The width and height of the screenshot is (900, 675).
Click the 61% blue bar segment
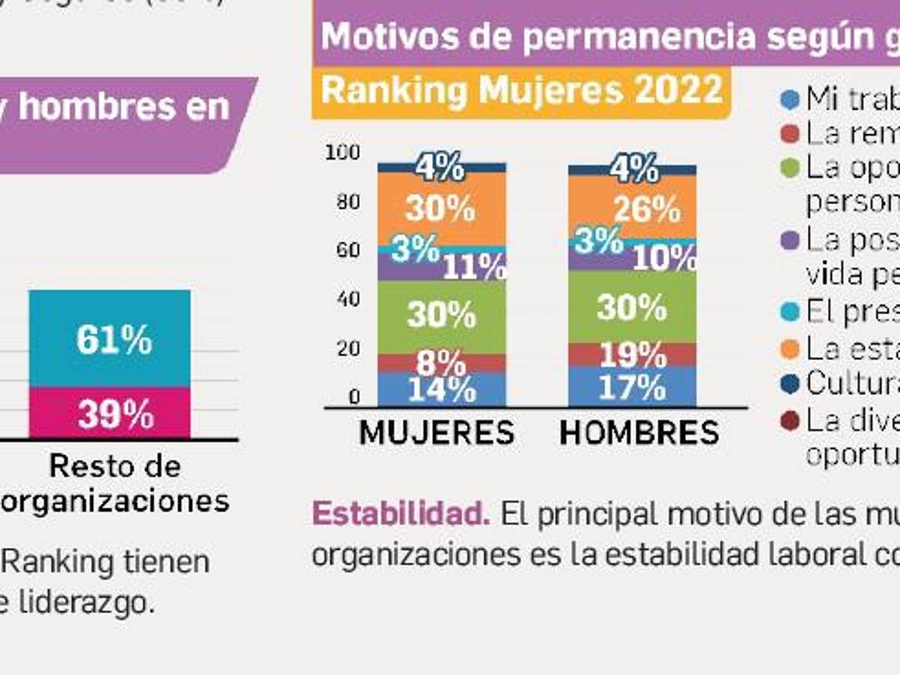point(109,339)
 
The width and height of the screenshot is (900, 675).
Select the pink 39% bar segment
point(109,413)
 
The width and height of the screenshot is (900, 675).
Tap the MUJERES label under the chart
point(437,433)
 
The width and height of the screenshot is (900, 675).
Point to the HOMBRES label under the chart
point(639,433)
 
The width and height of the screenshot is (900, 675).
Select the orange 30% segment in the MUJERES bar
point(441,208)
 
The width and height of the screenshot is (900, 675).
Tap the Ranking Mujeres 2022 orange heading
point(521,91)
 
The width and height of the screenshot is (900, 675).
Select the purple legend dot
point(789,240)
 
